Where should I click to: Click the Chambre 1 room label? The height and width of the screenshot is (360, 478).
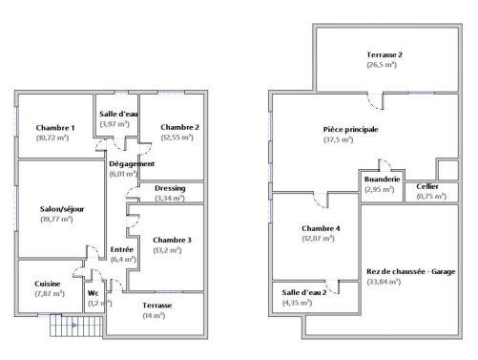coord(55,128)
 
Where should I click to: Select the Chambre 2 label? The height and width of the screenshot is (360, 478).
coord(179,128)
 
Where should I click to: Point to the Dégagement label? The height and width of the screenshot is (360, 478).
coord(133,163)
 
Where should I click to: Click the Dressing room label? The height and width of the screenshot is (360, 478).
coord(170,188)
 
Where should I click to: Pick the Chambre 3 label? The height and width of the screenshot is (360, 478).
coord(172,240)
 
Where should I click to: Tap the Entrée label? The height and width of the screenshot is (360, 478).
coord(122,249)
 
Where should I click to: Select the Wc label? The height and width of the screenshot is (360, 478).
coord(94,293)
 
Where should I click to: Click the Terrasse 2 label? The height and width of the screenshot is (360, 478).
coord(384,55)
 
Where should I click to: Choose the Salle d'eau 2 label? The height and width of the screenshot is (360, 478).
coord(304,291)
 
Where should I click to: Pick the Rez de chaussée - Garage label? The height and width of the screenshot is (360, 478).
coord(411,271)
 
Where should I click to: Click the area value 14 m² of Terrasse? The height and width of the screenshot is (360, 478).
coord(154,315)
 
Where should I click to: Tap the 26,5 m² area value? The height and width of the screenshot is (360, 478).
coord(384,65)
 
